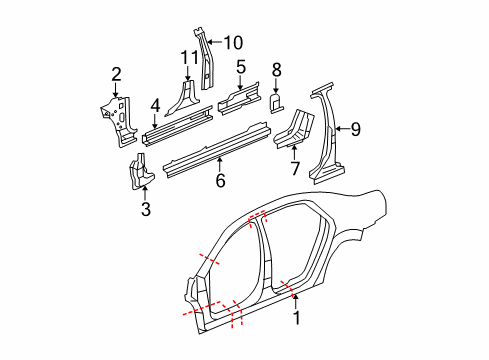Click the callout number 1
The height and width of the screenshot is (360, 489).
click(x=296, y=319)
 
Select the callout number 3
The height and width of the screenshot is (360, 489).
click(x=145, y=209)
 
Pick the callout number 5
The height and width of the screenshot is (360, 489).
click(x=241, y=67)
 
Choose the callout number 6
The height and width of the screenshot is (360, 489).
click(x=220, y=181)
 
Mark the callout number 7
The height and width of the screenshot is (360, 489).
click(x=293, y=167)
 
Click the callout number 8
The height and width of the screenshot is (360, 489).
click(x=277, y=70)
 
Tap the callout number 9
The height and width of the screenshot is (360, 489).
click(x=355, y=128)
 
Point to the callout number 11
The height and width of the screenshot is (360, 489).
click(x=188, y=59)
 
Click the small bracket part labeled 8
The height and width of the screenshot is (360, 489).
click(x=278, y=100)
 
